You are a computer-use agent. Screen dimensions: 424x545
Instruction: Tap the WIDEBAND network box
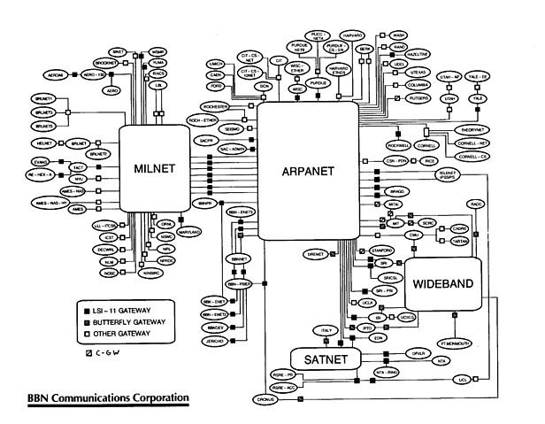(x=443, y=285)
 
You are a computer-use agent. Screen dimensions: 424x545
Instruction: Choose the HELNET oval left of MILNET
(x=45, y=143)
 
